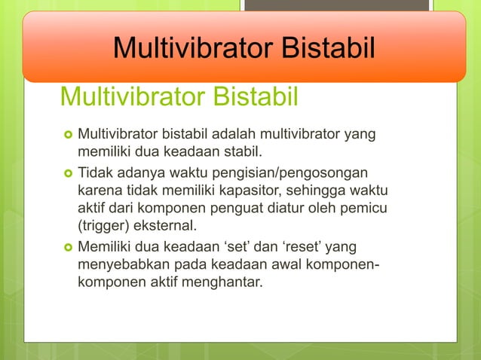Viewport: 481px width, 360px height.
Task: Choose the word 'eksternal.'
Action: [x=168, y=225]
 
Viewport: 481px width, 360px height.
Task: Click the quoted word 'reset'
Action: [x=291, y=247]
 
